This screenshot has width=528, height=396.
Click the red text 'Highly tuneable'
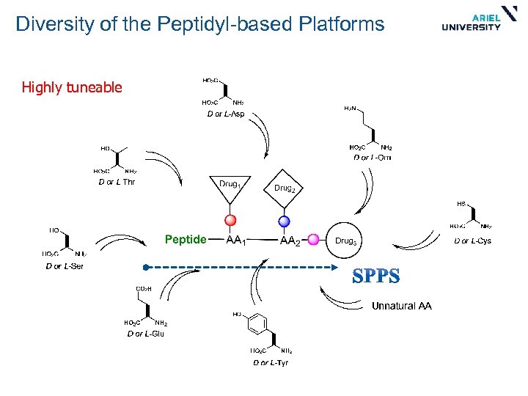[72, 88]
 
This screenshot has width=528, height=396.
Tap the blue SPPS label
[376, 276]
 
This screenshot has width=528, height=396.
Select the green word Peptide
[186, 239]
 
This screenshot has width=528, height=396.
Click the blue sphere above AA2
[285, 221]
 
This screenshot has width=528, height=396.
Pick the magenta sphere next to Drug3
[313, 239]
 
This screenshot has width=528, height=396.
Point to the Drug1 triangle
[230, 186]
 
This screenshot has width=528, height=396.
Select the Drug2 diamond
[285, 188]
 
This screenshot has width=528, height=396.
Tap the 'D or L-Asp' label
[225, 114]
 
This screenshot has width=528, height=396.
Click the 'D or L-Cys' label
[472, 241]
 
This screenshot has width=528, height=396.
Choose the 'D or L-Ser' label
[65, 266]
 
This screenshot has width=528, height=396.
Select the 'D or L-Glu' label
[145, 334]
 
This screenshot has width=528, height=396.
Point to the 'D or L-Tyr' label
[271, 362]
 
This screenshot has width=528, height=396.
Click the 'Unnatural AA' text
[401, 306]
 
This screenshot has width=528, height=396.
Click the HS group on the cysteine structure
[461, 203]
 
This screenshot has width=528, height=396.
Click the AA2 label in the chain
[290, 241]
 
